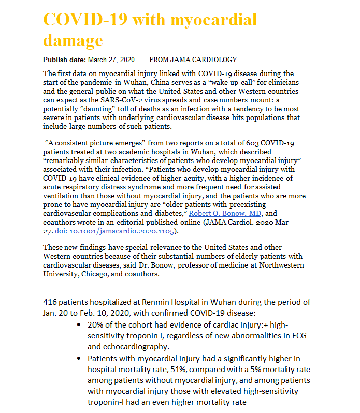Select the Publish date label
pos(65,60)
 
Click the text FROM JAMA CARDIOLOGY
pos(193,60)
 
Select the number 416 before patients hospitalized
pos(50,302)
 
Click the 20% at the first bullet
pos(95,325)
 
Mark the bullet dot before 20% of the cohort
pos(78,325)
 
